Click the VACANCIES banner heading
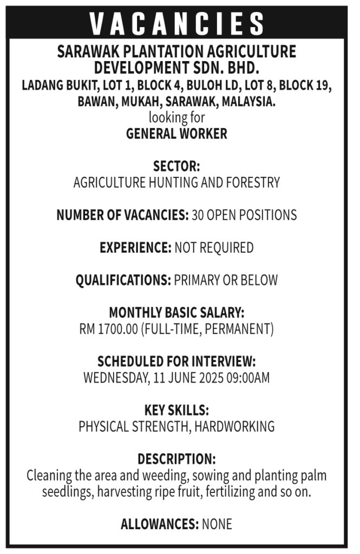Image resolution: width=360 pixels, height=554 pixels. [176, 24]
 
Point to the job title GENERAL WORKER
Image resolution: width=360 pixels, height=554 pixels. [176, 134]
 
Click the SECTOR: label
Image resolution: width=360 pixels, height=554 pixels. [176, 166]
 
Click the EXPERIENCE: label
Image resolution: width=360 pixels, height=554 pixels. [135, 248]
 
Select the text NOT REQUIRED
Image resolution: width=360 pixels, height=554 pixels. [214, 248]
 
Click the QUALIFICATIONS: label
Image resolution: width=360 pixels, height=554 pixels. [123, 280]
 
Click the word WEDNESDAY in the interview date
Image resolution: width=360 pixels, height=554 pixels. [114, 378]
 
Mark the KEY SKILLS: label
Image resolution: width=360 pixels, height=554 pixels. [176, 410]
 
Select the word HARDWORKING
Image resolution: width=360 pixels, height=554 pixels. [234, 426]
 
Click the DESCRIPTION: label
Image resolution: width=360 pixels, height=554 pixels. [176, 459]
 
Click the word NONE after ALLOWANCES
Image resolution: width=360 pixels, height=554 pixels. [217, 524]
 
